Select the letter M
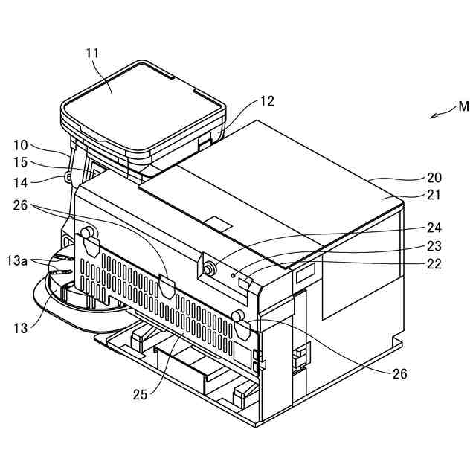[x=463, y=106]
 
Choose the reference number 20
[x=434, y=178]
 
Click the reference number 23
[x=434, y=246]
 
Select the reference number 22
[x=434, y=263]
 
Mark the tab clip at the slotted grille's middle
[x=167, y=286]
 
